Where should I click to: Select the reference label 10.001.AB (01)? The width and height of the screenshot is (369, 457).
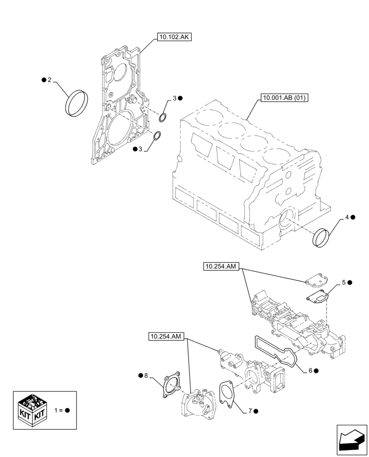point(284,97)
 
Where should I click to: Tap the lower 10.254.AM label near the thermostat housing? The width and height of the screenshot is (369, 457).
point(167,337)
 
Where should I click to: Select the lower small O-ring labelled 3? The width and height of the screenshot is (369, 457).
point(157,136)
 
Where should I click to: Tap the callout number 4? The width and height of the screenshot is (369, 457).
point(347,217)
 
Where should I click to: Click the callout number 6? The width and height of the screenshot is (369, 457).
point(311,371)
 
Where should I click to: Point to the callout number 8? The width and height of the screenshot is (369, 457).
point(146,375)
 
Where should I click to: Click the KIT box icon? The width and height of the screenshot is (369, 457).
point(32,410)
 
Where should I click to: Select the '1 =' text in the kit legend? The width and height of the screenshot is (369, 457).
point(58,410)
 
